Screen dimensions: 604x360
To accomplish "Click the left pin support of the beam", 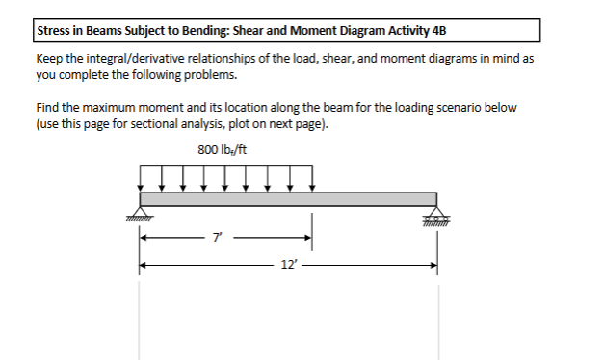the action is [141, 215].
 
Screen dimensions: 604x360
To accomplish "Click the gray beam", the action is [289, 198].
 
